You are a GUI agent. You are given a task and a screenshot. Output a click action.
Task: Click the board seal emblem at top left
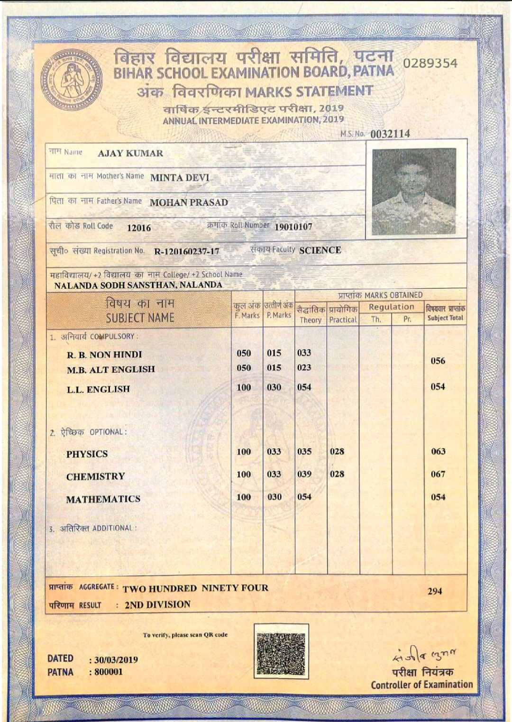(71, 80)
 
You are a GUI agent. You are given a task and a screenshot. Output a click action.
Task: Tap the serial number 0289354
(430, 64)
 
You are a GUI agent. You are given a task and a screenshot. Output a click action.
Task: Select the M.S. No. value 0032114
(390, 134)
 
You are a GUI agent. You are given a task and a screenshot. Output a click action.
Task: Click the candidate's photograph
(414, 192)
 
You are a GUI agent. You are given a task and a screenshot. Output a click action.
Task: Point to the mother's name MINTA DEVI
(180, 178)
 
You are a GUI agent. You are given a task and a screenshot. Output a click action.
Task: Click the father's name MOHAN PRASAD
(189, 202)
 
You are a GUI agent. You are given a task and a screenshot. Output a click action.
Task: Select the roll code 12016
(139, 228)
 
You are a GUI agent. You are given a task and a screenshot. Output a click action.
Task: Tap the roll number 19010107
(293, 227)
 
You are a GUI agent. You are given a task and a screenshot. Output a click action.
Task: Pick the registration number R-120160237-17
(187, 251)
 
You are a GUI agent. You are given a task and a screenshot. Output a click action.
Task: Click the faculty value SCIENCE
(320, 250)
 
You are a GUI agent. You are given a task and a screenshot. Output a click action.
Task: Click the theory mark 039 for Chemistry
(304, 474)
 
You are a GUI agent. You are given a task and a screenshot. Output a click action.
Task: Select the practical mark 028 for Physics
(337, 451)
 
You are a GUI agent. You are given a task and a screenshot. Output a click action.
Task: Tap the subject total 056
(438, 361)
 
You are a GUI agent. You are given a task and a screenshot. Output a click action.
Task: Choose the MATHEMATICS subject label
(103, 499)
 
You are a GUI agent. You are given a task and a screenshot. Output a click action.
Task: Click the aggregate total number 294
(435, 591)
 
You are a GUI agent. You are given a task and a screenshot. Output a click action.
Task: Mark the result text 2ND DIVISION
(157, 604)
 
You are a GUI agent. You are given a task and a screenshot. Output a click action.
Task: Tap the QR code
(281, 651)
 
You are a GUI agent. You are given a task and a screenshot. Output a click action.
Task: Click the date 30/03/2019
(116, 659)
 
